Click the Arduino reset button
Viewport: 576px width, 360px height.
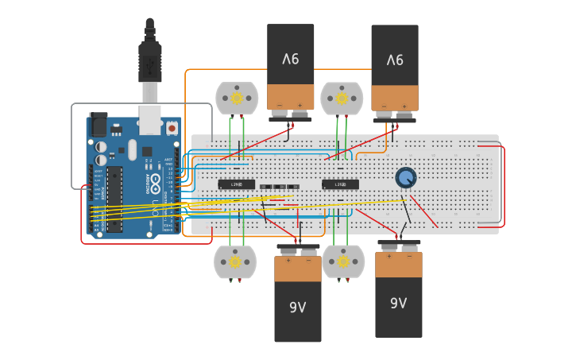point(172,127)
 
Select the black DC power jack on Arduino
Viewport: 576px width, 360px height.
point(99,125)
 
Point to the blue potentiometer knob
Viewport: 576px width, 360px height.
point(405,178)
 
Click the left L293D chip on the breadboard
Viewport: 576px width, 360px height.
point(237,184)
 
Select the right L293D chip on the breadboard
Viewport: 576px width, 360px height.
point(340,184)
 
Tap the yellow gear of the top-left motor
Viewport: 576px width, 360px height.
point(237,99)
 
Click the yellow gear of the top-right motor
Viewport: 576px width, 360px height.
point(342,99)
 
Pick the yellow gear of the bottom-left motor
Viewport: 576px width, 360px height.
point(235,261)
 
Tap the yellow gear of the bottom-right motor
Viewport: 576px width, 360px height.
point(343,261)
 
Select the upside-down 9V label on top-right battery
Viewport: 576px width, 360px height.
point(395,60)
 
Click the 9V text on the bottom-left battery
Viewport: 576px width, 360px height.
point(297,308)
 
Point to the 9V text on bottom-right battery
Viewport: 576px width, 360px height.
point(398,303)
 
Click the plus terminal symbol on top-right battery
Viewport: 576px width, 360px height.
point(404,106)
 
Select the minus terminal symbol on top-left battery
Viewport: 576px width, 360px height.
point(279,105)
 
